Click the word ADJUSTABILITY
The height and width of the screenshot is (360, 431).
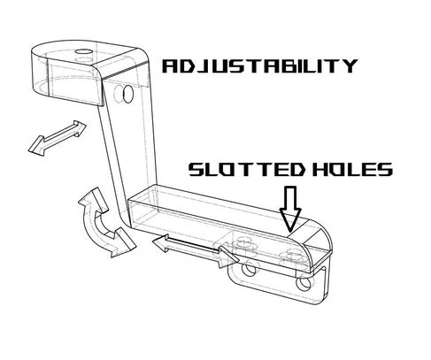(x=260, y=65)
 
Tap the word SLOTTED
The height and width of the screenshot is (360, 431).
(x=247, y=170)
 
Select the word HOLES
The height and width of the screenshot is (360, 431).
(x=352, y=170)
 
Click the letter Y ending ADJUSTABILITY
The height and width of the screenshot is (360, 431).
(x=350, y=65)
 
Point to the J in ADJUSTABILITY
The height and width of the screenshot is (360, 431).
(x=207, y=66)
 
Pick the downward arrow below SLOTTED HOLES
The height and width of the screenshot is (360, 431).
(x=290, y=209)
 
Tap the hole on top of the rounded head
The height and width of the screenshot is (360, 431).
(x=84, y=51)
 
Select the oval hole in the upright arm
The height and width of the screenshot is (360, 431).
(x=128, y=94)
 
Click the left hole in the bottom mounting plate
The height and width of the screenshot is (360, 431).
(x=249, y=269)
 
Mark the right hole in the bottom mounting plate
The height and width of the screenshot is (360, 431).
(x=304, y=283)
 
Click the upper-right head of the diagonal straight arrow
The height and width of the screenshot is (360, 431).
(x=79, y=126)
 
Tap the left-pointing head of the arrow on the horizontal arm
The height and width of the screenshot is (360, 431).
(x=161, y=242)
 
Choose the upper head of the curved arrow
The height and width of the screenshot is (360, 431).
(x=94, y=199)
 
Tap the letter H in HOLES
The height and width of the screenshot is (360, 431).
(x=320, y=170)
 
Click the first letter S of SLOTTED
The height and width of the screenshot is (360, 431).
(x=196, y=170)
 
